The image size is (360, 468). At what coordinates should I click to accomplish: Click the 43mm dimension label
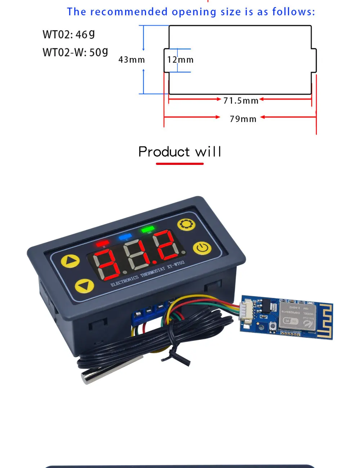[x=131, y=60]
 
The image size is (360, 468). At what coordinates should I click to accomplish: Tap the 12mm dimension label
[x=180, y=60]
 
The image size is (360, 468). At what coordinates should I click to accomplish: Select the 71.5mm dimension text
[x=241, y=100]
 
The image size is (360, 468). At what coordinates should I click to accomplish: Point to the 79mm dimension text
[x=243, y=119]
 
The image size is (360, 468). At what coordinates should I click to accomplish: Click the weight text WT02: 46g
[x=69, y=35]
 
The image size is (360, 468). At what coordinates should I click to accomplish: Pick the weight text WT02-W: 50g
[x=75, y=52]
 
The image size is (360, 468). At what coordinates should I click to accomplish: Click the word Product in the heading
[x=164, y=152]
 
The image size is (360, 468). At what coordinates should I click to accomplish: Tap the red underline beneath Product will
[x=180, y=164]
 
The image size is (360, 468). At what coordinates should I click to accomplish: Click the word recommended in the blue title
[x=129, y=12]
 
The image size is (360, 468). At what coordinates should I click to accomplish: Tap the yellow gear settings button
[x=186, y=224]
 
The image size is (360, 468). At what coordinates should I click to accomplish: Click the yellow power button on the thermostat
[x=202, y=248]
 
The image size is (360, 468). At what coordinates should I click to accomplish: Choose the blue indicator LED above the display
[x=126, y=237]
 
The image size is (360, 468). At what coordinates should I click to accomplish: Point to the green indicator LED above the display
[x=148, y=229]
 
